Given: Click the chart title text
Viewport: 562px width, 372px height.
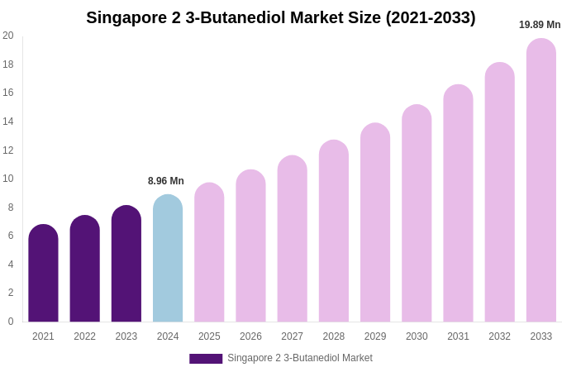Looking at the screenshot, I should click(x=281, y=17).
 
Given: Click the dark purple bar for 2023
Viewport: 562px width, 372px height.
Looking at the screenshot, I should click(x=126, y=264).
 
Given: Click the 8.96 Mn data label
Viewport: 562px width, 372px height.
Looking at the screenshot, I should click(x=166, y=181).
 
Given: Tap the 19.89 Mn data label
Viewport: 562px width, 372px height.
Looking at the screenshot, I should click(x=540, y=25).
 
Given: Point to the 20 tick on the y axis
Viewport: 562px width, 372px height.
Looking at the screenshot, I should click(x=8, y=36).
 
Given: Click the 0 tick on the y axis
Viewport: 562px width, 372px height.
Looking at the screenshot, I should click(x=11, y=322).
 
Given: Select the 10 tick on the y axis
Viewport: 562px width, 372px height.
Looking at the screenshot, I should click(x=8, y=179).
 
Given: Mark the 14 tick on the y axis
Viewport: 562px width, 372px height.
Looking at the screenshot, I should click(x=8, y=122).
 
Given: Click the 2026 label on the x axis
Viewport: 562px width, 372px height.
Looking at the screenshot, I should click(x=250, y=336).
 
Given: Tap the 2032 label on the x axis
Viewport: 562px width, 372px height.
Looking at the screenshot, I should click(x=499, y=336).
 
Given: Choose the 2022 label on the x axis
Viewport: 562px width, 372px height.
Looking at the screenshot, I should click(x=84, y=336).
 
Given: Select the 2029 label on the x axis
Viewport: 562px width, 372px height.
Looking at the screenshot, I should click(x=375, y=336).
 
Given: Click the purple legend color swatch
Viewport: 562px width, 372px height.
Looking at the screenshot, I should click(x=206, y=359).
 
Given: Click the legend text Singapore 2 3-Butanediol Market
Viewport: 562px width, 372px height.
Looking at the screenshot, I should click(x=300, y=358).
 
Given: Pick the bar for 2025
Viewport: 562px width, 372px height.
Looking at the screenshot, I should click(x=209, y=252).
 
